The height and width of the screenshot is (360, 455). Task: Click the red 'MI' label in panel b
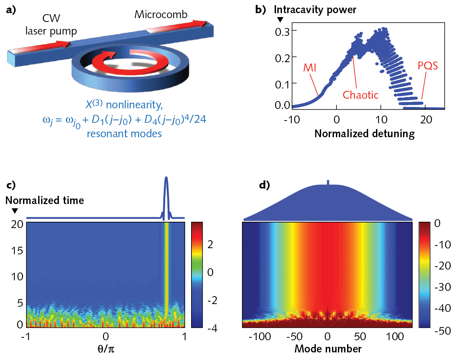point(310,67)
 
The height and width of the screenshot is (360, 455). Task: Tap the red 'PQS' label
point(427,65)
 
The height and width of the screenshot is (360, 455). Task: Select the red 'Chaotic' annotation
point(361,95)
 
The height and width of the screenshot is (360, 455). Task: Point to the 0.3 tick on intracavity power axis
point(282,32)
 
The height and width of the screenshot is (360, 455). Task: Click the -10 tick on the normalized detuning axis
point(292,119)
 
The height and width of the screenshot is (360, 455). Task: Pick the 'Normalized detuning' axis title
point(365,134)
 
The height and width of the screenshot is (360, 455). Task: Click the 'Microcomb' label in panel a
point(161,14)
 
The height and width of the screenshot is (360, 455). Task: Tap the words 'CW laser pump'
point(51,25)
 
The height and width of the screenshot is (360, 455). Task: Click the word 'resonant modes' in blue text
point(124,134)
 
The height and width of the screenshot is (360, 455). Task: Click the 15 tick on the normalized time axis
point(17,251)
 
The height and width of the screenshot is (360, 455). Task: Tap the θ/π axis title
point(106,349)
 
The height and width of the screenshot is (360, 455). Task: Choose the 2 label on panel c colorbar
point(210,244)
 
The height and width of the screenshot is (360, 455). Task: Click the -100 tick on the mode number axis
point(260,337)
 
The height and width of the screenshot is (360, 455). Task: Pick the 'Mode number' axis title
point(328,349)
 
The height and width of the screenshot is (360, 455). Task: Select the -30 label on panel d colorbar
point(442,287)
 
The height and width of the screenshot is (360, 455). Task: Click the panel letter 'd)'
point(265,185)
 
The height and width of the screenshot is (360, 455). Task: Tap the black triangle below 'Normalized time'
point(15,211)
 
